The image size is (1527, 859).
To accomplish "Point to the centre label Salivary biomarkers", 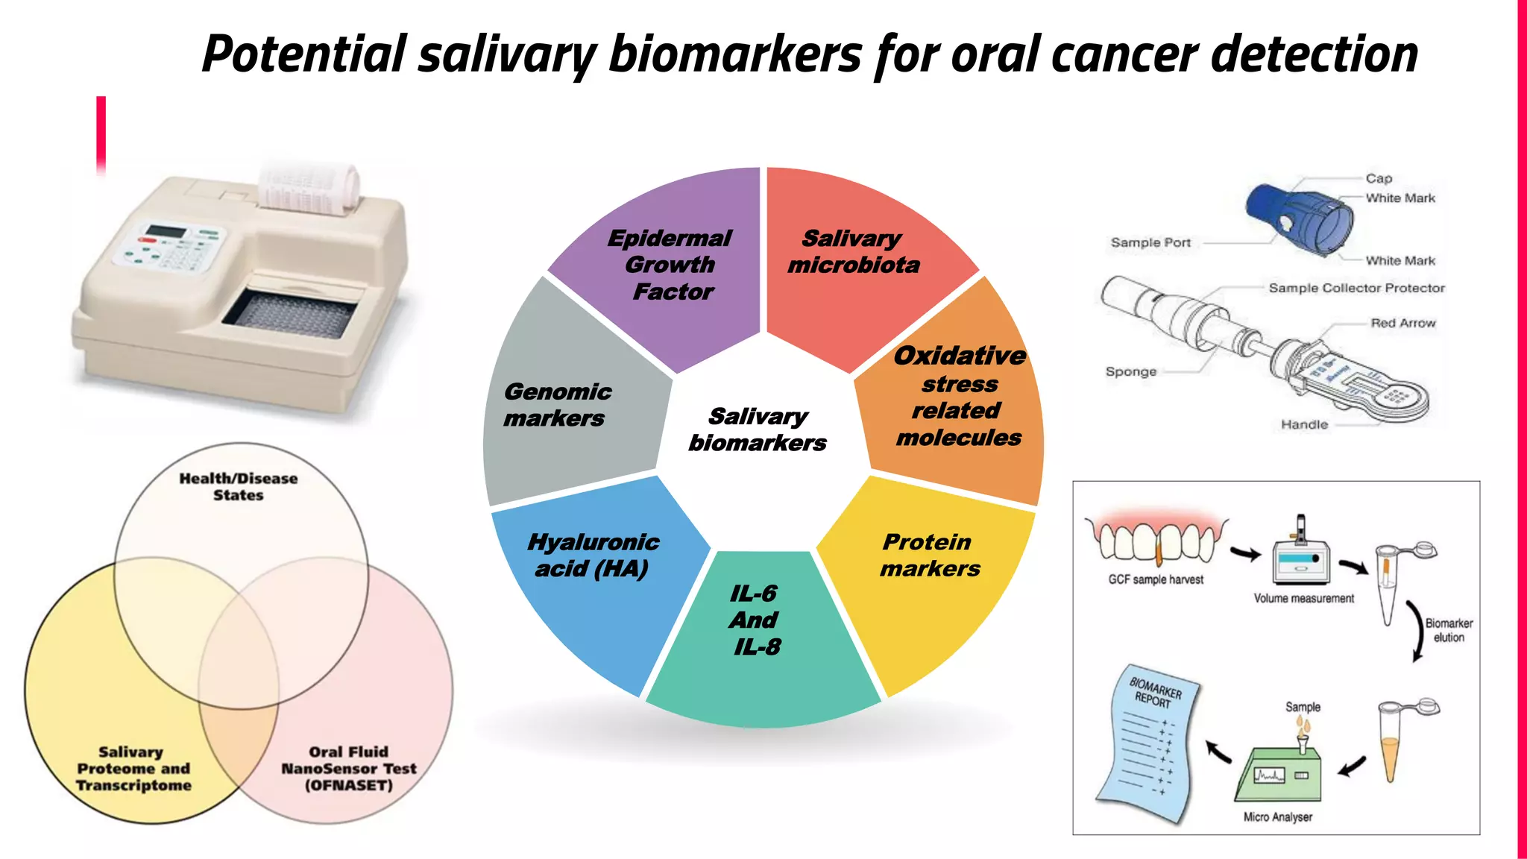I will click(758, 429).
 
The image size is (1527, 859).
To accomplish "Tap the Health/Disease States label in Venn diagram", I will click(239, 486).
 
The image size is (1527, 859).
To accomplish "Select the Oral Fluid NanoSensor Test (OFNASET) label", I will click(348, 768).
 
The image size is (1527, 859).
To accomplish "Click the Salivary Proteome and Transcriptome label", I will click(133, 768).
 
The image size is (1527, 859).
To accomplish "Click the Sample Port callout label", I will click(1150, 242).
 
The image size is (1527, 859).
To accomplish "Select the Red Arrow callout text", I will click(1402, 323).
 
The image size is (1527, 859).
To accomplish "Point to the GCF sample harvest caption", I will click(1156, 579).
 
